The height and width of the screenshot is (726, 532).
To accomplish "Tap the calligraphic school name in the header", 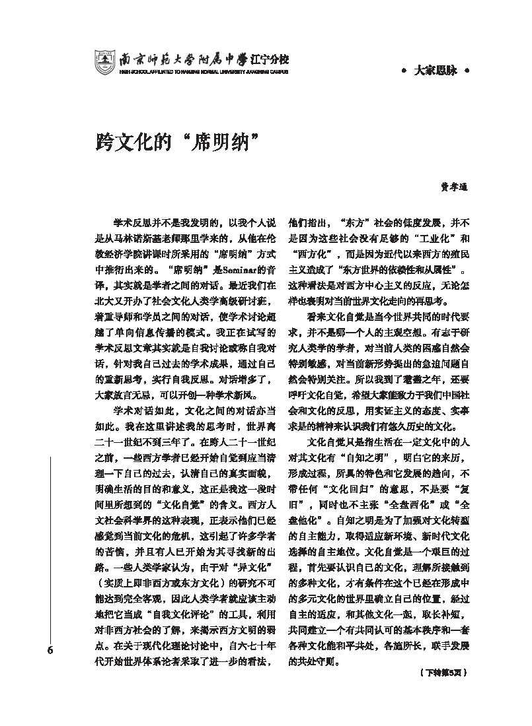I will point(204,57).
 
